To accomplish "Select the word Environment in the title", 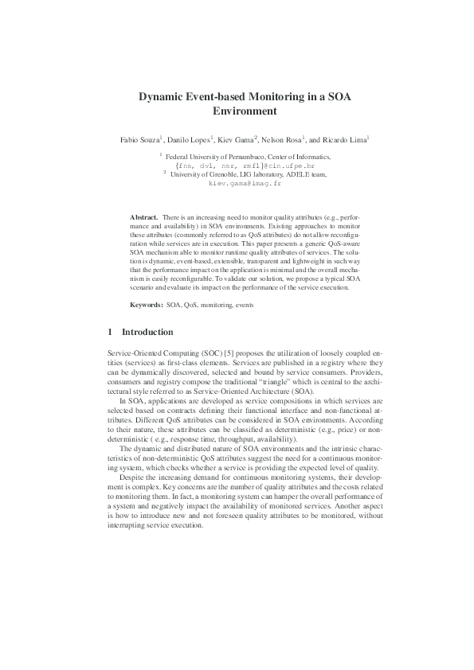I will (237, 111).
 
